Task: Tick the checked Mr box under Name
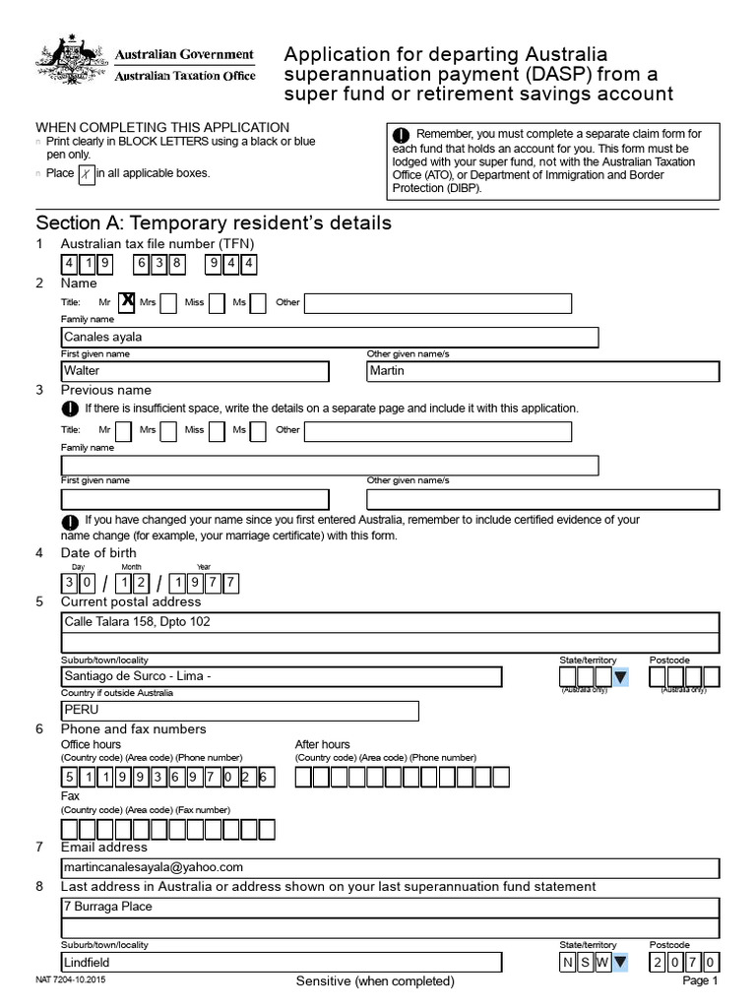coord(126,302)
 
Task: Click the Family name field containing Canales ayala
coord(330,338)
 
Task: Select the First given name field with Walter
coord(194,371)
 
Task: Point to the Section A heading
coord(214,222)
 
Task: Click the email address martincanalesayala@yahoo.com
coord(153,867)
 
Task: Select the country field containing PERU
coord(239,711)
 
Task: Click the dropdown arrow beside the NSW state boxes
coord(620,963)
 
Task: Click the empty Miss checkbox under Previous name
coord(217,430)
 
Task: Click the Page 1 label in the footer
coord(701,981)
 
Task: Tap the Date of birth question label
coord(98,552)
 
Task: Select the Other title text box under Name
coord(451,302)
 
